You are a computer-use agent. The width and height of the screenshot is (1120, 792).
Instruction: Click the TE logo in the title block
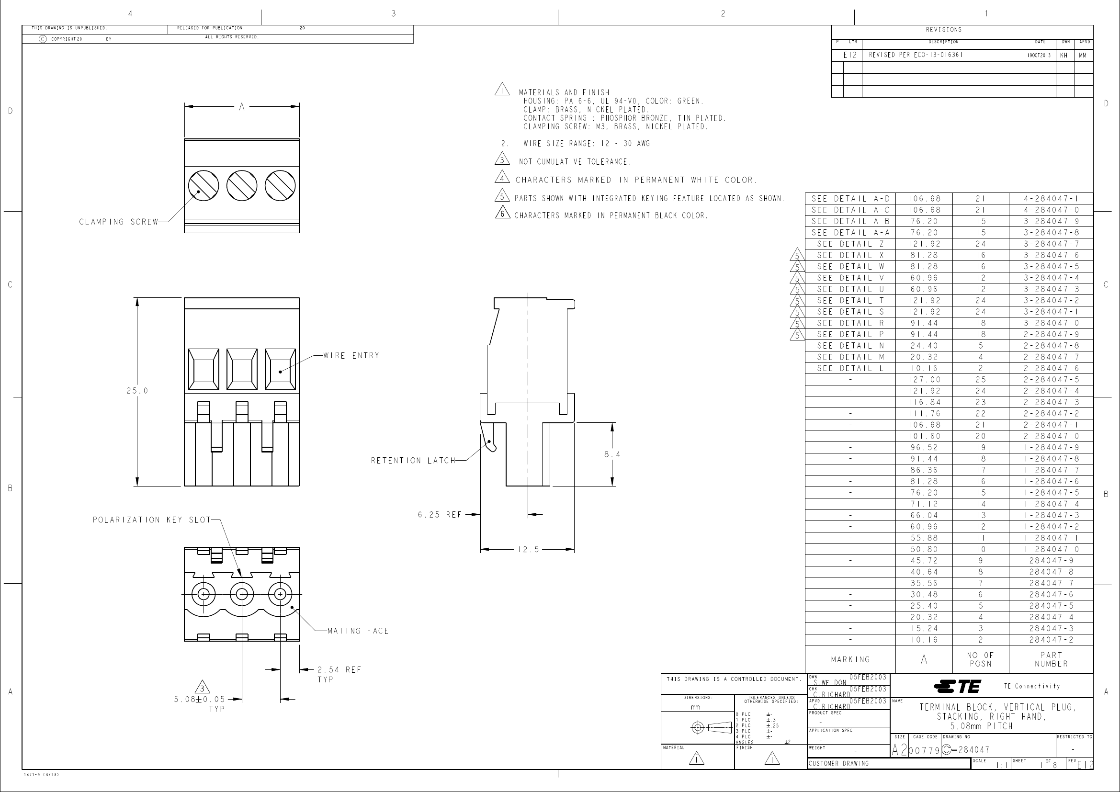957,686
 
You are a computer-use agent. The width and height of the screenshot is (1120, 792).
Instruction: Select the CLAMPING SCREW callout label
119,222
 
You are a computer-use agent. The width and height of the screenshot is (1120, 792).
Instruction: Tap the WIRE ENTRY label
351,355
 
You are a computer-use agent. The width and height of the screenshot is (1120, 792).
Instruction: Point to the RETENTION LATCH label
413,460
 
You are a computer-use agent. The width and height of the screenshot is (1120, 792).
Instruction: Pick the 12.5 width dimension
528,550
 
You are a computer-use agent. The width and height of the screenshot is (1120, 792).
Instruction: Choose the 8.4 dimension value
612,454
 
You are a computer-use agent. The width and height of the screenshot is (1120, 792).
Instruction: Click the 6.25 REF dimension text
440,514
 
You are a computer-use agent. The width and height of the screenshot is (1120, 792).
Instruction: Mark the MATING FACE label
358,631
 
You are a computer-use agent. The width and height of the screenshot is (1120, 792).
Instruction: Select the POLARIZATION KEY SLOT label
152,520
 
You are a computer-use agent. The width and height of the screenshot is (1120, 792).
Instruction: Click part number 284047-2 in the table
1051,640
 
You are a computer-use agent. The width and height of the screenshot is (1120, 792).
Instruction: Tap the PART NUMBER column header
1051,659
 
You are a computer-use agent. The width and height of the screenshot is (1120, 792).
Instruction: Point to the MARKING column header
850,659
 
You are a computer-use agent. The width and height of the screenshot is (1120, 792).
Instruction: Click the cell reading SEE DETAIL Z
850,244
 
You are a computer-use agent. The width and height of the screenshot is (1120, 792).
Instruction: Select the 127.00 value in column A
924,379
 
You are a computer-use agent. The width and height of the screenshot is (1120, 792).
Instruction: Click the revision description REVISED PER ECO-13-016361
916,55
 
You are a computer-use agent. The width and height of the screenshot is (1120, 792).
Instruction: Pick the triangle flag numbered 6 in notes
502,214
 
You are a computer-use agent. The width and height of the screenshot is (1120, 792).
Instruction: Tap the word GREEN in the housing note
690,101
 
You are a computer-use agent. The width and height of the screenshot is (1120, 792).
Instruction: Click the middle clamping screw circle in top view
242,185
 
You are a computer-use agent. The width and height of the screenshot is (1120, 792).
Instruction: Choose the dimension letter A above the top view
241,107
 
